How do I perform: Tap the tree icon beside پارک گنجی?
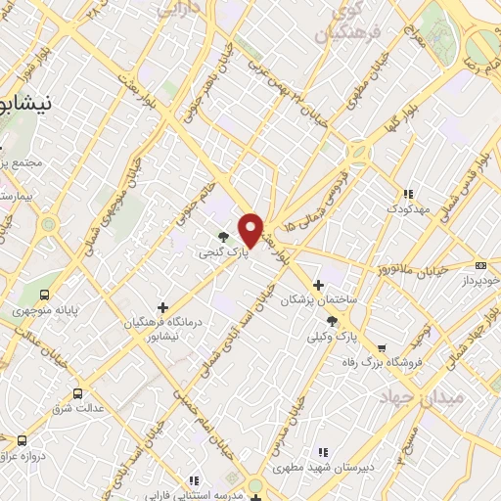[x=224, y=236]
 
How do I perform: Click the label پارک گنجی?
[x=217, y=252]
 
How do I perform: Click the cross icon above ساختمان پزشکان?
[x=318, y=284]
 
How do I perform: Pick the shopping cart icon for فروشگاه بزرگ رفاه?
[x=382, y=348]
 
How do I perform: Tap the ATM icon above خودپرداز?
[x=480, y=264]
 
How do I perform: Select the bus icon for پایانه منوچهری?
[x=45, y=294]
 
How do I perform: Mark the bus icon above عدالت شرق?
[x=77, y=393]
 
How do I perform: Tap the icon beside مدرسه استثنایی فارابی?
[x=194, y=480]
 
